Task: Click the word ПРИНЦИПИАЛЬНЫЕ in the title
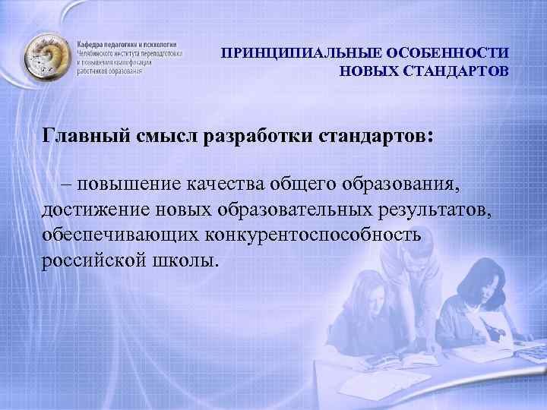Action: pos(292,55)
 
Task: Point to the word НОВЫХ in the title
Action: pos(367,72)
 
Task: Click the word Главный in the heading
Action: pos(86,136)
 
